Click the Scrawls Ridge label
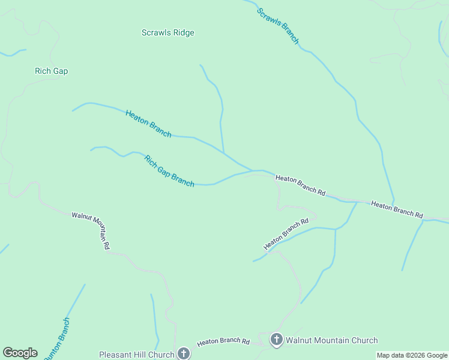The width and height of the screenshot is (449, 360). point(167,33)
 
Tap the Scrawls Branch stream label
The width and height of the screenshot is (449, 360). point(278,26)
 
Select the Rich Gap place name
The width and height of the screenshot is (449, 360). point(51,71)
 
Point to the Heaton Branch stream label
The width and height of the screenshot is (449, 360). point(148,124)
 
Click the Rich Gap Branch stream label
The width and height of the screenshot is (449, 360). point(169,171)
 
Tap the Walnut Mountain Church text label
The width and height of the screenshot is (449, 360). point(331,341)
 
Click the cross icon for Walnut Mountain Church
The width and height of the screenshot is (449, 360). point(276,340)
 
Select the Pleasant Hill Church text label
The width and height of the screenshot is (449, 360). point(136,355)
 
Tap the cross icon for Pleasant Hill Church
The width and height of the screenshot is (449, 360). point(184,354)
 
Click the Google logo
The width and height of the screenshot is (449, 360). point(20,353)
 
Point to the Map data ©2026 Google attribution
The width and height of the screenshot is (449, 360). point(412,356)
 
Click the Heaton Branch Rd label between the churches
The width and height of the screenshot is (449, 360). point(223,341)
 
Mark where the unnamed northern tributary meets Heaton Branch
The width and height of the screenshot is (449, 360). point(224,152)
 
